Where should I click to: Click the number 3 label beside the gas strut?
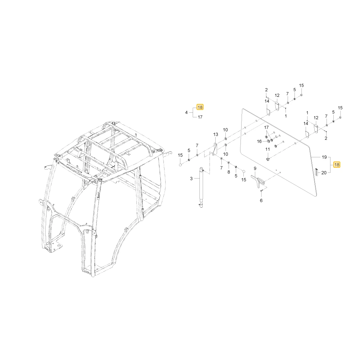[191, 179]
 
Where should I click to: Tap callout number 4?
[186, 112]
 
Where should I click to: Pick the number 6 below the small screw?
[261, 201]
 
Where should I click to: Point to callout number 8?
[229, 172]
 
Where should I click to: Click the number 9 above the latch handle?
[255, 168]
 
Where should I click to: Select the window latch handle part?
[258, 181]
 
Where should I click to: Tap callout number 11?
[267, 149]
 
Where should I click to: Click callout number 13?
[216, 134]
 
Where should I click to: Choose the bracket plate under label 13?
[215, 149]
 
